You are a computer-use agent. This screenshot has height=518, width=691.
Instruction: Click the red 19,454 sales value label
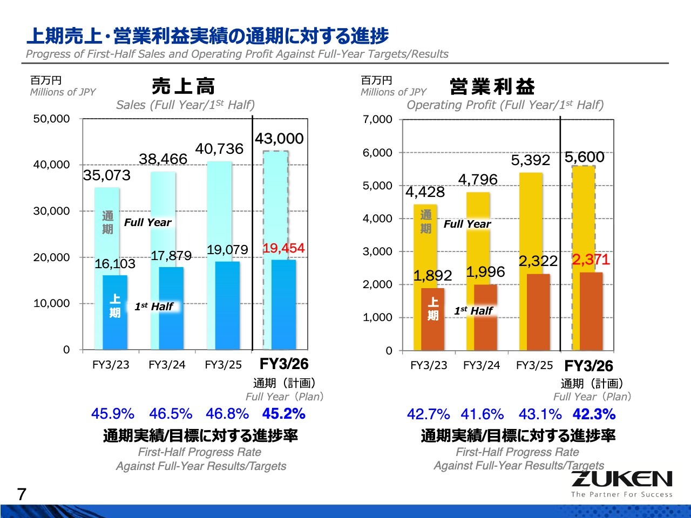coord(283,248)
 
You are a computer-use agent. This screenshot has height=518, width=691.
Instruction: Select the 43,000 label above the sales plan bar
coord(279,139)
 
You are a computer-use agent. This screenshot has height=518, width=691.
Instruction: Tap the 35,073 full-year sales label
coord(107,175)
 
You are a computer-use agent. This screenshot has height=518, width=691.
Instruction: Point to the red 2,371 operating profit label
coord(591,260)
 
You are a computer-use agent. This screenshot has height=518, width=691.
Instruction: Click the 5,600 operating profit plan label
coord(584,157)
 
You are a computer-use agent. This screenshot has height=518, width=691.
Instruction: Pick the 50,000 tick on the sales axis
coord(51,119)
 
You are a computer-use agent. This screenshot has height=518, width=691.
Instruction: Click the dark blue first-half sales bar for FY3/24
coord(171,308)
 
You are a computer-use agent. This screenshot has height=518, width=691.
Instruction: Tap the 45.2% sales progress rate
coord(283,414)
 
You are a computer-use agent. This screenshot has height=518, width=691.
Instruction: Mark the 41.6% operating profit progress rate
coord(482,414)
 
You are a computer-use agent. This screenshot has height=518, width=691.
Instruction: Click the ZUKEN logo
coord(621,480)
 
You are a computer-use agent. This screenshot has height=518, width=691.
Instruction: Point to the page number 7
coord(22,494)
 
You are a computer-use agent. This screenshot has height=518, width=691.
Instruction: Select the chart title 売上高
coord(183,86)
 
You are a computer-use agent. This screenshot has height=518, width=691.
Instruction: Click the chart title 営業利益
coord(492,86)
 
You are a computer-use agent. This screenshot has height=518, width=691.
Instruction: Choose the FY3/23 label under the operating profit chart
coord(429,365)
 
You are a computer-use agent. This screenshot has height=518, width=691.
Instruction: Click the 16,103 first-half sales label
coord(115,264)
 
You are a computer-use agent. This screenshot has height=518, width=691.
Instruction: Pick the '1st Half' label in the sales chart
coord(154,306)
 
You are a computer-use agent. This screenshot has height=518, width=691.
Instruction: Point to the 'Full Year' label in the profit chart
coord(467,224)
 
